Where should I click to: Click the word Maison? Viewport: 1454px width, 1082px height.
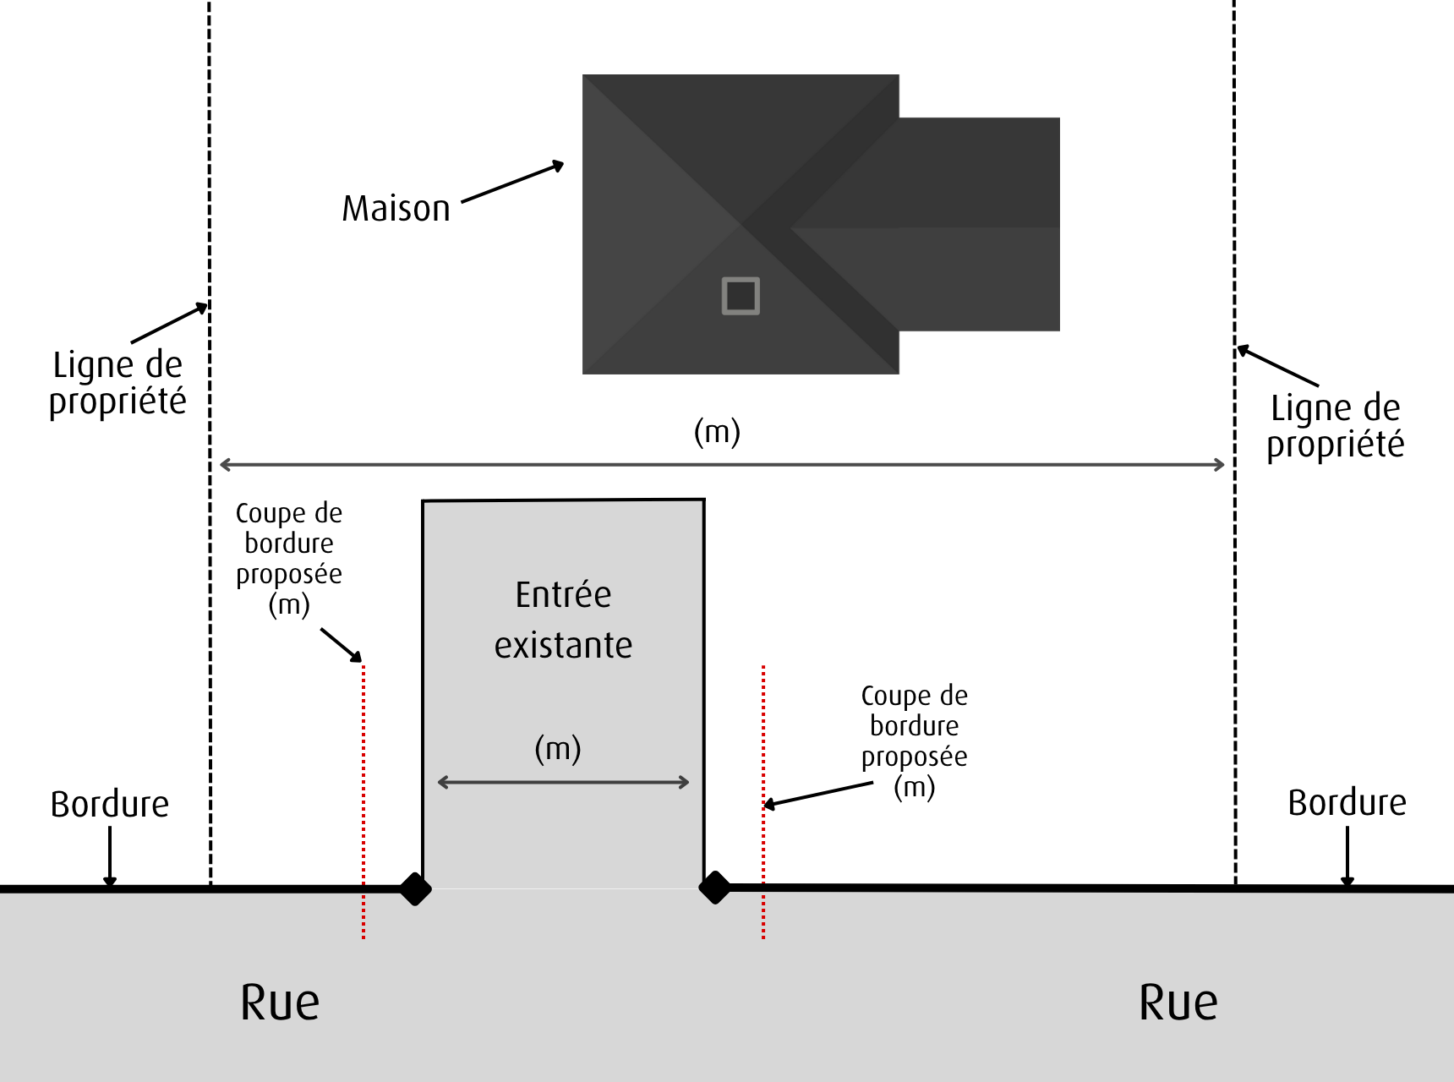click(x=396, y=209)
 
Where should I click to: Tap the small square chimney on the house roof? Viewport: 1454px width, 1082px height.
click(x=741, y=296)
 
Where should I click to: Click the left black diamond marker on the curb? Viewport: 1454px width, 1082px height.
click(x=415, y=888)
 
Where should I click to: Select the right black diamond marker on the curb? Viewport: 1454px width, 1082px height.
click(x=715, y=888)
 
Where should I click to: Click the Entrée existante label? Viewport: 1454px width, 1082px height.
click(x=563, y=620)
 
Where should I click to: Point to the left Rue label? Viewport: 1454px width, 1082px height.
click(x=280, y=1003)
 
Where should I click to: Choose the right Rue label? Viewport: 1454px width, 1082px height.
click(x=1178, y=1003)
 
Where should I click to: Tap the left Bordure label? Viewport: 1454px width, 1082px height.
click(x=110, y=805)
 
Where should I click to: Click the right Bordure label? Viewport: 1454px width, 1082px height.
click(x=1347, y=803)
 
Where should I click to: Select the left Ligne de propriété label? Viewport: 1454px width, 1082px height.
click(x=118, y=383)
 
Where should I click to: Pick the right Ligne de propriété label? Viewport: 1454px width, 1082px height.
click(x=1335, y=426)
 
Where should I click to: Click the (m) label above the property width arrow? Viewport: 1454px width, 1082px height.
click(x=717, y=432)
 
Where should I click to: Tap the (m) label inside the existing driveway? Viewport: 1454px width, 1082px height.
click(x=558, y=749)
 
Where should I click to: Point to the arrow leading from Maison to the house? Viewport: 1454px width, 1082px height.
click(x=512, y=182)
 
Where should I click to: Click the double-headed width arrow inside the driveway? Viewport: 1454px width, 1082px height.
click(x=563, y=783)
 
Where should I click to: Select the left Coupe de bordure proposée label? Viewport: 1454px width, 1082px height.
click(x=289, y=558)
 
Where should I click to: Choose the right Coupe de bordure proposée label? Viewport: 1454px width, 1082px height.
click(x=915, y=740)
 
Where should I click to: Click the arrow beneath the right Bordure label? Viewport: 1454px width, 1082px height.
click(x=1347, y=855)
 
